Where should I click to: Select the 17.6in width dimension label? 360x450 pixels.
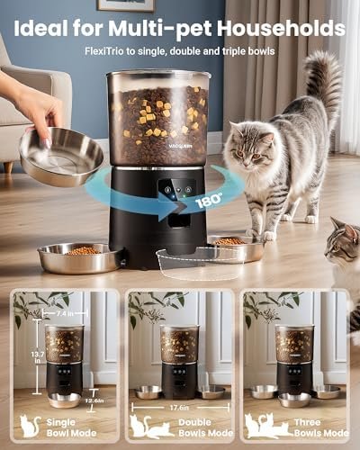179,406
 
